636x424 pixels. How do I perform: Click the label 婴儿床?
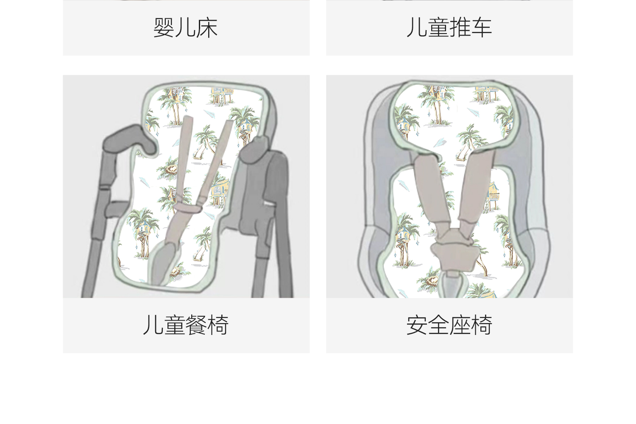click(x=186, y=28)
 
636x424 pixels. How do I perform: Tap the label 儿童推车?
click(x=449, y=28)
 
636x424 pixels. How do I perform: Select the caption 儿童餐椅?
click(x=186, y=325)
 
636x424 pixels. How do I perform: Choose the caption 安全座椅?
click(x=449, y=325)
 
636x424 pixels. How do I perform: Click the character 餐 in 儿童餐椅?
click(x=196, y=325)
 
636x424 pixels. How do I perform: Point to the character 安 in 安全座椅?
click(x=417, y=325)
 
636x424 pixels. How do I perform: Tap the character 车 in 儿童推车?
click(x=481, y=28)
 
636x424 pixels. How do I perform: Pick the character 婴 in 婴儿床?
click(x=164, y=28)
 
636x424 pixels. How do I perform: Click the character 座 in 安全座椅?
click(x=460, y=325)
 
